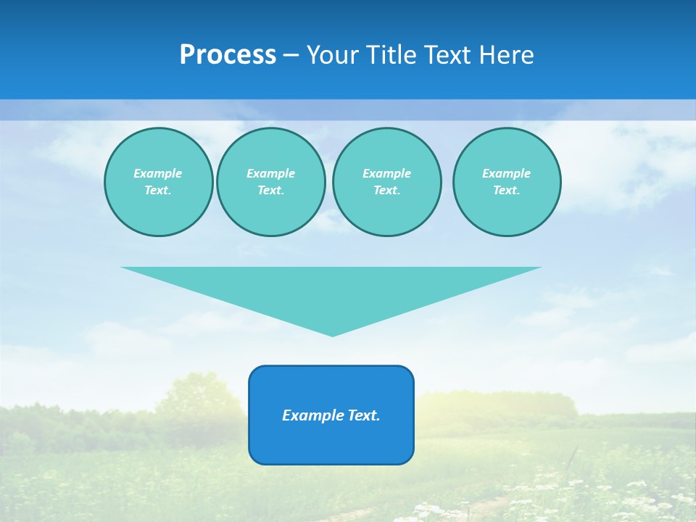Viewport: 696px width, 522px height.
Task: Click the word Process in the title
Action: point(228,55)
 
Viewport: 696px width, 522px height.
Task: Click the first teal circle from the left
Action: point(158,182)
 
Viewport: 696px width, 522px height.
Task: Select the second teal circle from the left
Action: point(270,182)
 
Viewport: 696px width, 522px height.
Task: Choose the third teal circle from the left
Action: point(386,182)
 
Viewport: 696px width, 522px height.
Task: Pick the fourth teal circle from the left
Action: point(507,182)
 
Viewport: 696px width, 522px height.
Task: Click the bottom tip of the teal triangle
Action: point(332,334)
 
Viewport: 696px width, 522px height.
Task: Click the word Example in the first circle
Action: point(158,173)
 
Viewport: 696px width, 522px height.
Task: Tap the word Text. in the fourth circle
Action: point(507,191)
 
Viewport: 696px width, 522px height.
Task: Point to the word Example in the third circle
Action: point(386,173)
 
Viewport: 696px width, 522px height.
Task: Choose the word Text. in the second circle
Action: point(270,191)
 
